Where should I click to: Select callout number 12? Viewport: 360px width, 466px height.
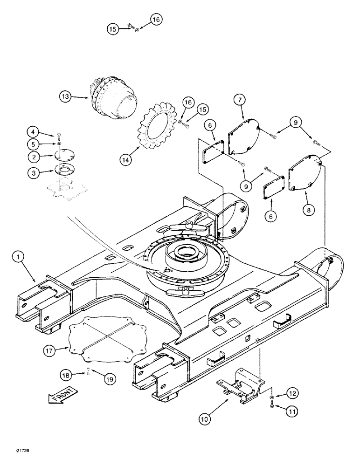tap(292, 394)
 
